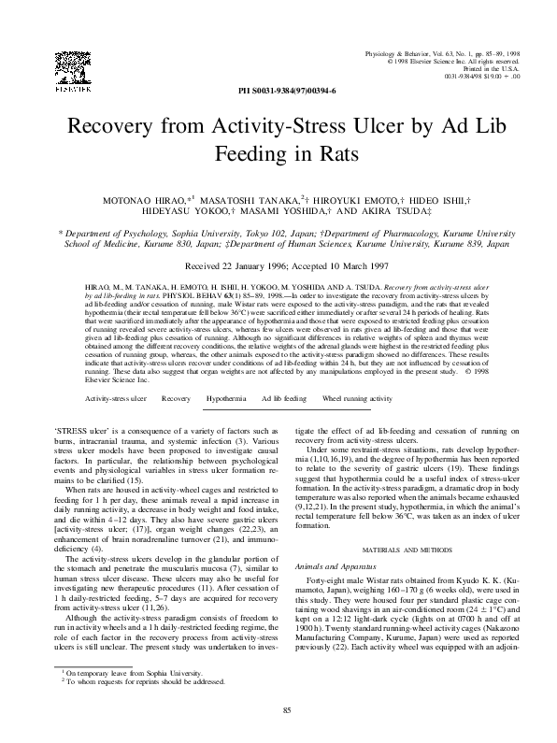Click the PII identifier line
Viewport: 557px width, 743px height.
278,92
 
